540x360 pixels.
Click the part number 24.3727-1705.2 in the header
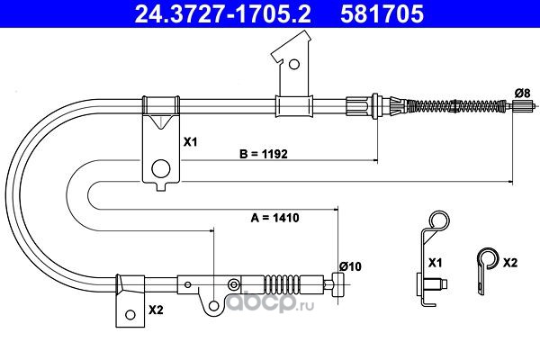(x=222, y=13)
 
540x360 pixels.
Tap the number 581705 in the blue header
(x=382, y=13)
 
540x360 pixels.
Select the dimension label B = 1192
(x=264, y=154)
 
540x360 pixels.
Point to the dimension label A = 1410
(x=274, y=218)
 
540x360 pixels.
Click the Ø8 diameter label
(x=522, y=93)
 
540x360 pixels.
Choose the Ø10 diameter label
(x=350, y=266)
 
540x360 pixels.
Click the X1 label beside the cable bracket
(x=190, y=141)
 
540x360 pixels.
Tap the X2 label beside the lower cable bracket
(x=156, y=310)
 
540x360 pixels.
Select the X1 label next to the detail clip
(x=435, y=263)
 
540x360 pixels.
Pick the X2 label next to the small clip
(x=510, y=263)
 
